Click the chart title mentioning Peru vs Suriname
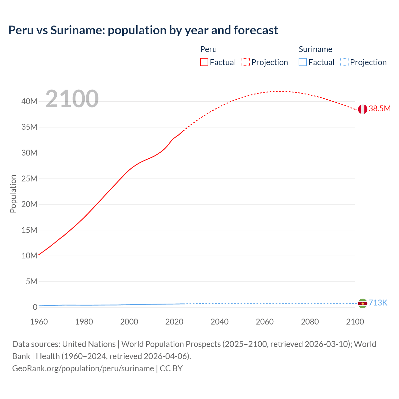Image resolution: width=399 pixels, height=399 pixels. coord(143,30)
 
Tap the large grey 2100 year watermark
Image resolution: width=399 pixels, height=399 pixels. coord(72,99)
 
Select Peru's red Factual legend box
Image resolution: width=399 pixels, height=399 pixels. coord(204,62)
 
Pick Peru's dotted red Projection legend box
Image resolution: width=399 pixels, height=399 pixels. coord(246,62)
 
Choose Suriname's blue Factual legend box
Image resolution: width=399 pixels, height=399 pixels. coord(303,62)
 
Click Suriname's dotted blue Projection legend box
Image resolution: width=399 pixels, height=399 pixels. coord(344,62)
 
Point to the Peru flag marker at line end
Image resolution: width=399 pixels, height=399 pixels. coord(363,109)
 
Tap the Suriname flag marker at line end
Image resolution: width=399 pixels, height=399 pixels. coord(363,303)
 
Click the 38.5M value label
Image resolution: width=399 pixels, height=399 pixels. coord(379,108)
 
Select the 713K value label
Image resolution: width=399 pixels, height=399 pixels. coord(378,303)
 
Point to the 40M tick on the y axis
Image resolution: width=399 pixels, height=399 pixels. coord(29,101)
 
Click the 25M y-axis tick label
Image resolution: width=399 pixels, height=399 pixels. coord(29,179)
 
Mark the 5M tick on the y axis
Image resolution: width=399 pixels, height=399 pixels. coord(31,281)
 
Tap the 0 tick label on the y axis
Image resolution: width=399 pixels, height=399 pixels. coord(35,307)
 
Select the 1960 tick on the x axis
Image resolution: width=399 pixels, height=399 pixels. coord(39,322)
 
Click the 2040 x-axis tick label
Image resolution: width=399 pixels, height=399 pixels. coord(219,322)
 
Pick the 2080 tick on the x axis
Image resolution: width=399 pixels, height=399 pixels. coord(310,322)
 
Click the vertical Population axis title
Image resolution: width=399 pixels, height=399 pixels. coord(13,194)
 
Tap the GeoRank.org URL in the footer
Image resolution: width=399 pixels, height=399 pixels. coord(83,368)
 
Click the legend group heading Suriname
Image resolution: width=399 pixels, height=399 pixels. coord(315,49)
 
